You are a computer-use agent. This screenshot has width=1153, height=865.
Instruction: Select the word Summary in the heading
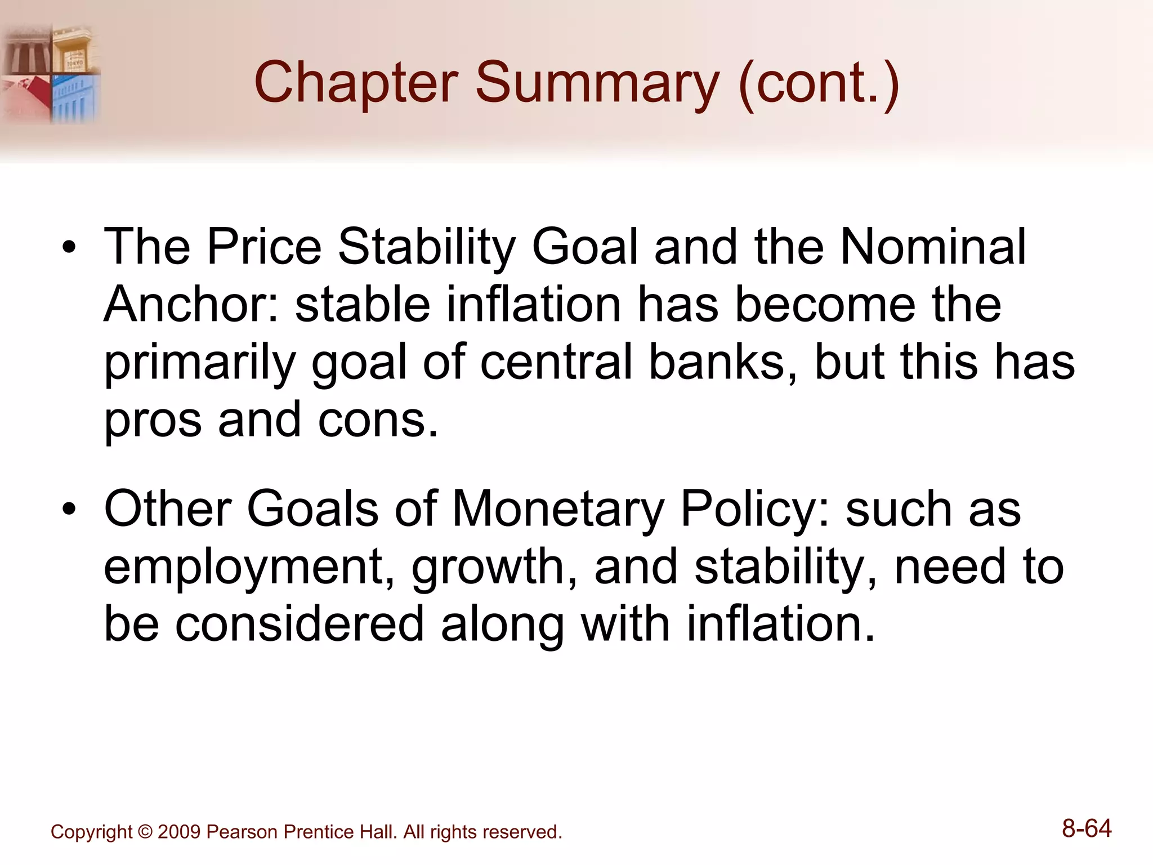(597, 83)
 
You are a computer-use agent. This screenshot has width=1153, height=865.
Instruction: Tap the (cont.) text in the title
(819, 83)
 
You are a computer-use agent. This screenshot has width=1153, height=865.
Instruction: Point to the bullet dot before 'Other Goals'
(69, 510)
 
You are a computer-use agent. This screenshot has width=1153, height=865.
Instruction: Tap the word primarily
(200, 363)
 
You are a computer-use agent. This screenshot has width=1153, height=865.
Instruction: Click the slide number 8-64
(1087, 829)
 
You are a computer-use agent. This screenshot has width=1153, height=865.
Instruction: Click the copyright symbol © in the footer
(145, 832)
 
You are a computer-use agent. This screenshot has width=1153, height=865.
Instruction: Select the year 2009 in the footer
(179, 832)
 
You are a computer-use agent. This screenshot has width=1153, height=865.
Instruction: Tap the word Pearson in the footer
(243, 832)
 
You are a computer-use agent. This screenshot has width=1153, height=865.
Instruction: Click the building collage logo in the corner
(51, 73)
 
